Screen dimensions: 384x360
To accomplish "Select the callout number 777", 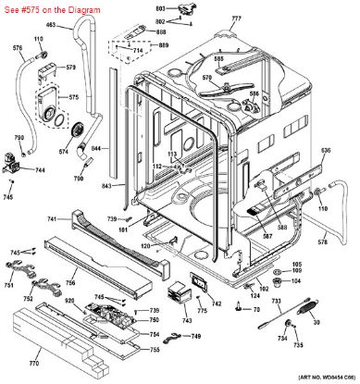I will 236,19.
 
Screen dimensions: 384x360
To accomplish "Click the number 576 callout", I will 18,47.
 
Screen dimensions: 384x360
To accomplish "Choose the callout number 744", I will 40,171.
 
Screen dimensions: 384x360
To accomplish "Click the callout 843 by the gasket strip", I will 106,186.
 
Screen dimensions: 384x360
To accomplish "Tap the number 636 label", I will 325,150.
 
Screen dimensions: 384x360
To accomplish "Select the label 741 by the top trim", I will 52,218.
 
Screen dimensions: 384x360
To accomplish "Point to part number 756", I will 70,283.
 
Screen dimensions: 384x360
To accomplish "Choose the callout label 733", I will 277,303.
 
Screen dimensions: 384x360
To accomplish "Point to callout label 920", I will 68,301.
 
